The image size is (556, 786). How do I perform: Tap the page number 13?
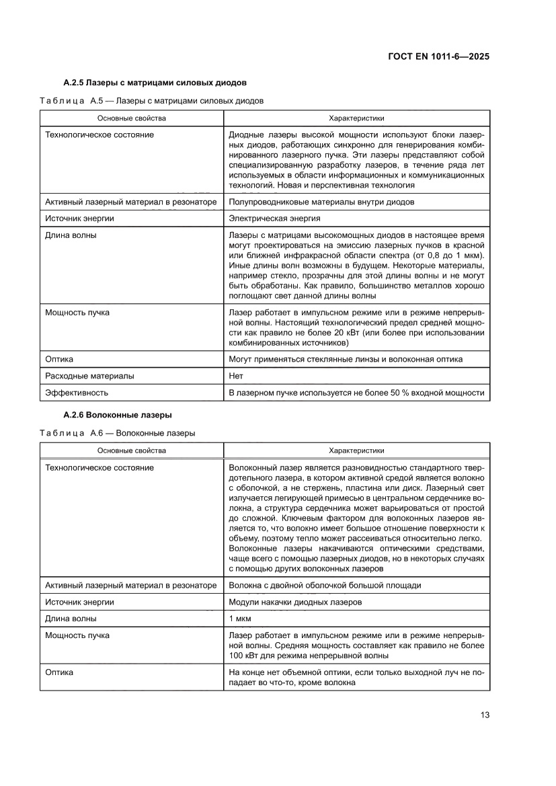pyautogui.click(x=485, y=714)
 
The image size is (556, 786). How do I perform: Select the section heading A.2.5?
pyautogui.click(x=155, y=83)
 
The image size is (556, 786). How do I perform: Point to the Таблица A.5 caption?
pyautogui.click(x=151, y=101)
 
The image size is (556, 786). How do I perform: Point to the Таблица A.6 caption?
pyautogui.click(x=118, y=433)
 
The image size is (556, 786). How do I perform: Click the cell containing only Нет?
pyautogui.click(x=236, y=376)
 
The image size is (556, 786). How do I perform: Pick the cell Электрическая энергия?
pyautogui.click(x=274, y=219)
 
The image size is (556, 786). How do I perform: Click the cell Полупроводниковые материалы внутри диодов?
pyautogui.click(x=321, y=202)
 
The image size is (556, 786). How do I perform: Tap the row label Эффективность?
pyautogui.click(x=76, y=392)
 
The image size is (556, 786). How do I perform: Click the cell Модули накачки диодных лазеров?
pyautogui.click(x=295, y=602)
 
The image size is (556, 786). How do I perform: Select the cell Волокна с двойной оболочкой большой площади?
pyautogui.click(x=325, y=585)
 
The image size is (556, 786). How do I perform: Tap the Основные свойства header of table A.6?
pyautogui.click(x=131, y=450)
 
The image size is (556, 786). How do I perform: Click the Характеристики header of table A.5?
pyautogui.click(x=356, y=118)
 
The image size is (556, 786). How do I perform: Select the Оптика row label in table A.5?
pyautogui.click(x=59, y=359)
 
